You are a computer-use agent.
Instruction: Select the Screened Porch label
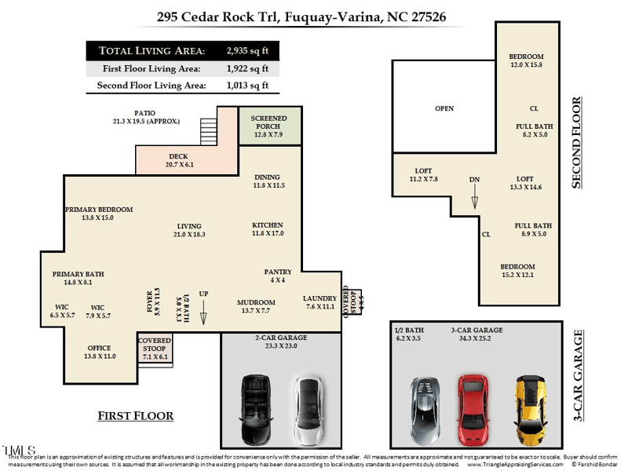point(269,126)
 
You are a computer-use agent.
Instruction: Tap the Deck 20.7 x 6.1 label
point(178,161)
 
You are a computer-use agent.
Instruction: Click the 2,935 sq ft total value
point(246,50)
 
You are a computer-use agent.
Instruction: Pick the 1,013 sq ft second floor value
point(246,86)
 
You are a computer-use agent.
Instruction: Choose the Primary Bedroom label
point(99,214)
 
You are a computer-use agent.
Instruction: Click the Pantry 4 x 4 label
point(278,276)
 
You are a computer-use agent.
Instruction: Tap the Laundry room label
point(319,302)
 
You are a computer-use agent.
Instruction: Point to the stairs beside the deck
point(209,127)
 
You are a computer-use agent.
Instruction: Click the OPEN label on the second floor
point(444,108)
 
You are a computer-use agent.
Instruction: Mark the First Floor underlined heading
point(135,415)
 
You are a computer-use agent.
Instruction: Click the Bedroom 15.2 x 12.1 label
point(518,270)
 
